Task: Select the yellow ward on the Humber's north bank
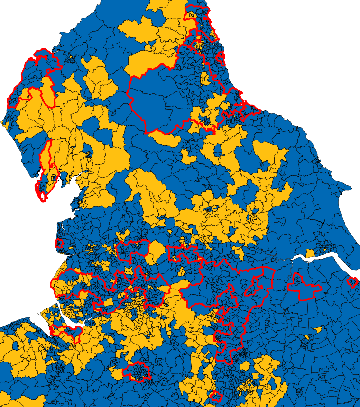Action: [310, 254]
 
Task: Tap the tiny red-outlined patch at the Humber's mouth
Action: [352, 282]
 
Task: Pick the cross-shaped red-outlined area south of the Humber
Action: [304, 287]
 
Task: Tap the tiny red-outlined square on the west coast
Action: [59, 244]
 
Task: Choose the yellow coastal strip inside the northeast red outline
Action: [205, 76]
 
